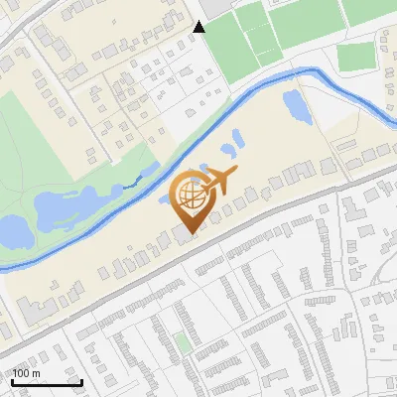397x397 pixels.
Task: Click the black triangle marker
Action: point(199,27)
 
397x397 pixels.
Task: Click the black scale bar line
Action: point(47,382)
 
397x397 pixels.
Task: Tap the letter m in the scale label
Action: point(37,373)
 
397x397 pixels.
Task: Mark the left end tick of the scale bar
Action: point(12,380)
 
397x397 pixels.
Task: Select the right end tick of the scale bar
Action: point(81,380)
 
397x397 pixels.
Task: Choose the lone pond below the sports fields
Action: point(296,103)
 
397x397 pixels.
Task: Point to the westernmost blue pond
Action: point(12,233)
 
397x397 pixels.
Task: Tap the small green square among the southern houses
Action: point(183,342)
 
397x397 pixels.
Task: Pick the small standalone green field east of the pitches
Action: point(354,58)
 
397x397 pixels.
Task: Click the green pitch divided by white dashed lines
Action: point(261,30)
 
